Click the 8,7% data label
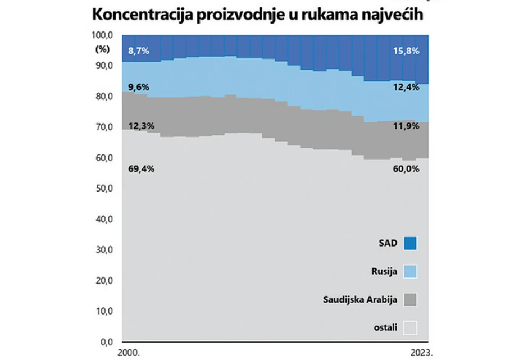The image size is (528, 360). pos(139,51)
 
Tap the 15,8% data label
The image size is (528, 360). pos(405,51)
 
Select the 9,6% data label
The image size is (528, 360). pos(139,88)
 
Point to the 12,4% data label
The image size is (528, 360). pos(405,88)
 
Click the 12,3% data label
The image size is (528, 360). pos(140,126)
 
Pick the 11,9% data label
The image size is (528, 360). pos(405,126)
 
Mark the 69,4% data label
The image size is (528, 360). pos(140,168)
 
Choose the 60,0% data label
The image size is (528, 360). pos(405,168)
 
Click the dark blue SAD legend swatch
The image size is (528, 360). pos(410,243)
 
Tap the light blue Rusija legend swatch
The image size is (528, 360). pos(410,272)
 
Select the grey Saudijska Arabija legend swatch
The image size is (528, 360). pos(410,299)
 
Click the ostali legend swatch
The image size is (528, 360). pos(410,327)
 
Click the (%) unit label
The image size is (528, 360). pos(102,48)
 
